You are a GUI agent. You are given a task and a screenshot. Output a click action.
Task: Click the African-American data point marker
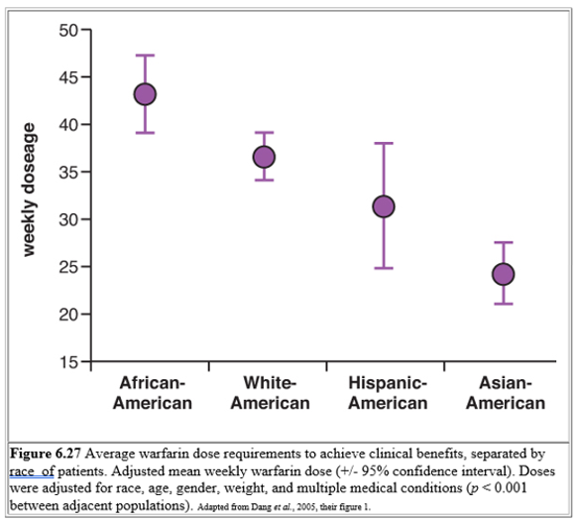tap(146, 94)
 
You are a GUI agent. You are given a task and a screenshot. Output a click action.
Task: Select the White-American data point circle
tap(264, 157)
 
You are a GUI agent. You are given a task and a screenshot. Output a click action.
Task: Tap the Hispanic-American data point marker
tap(384, 206)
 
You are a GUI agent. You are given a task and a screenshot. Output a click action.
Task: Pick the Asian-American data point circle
tap(503, 274)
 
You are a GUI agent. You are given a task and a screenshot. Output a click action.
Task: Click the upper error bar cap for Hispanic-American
tap(384, 144)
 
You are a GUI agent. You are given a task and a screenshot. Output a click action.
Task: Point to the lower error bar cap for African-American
tap(146, 133)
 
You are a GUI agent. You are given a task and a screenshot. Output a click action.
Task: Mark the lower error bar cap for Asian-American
tap(503, 304)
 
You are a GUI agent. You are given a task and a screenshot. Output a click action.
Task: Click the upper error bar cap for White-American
tap(264, 132)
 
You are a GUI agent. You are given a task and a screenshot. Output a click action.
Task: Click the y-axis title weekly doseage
tap(29, 190)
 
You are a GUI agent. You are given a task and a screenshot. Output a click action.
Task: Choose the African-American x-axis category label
tap(152, 393)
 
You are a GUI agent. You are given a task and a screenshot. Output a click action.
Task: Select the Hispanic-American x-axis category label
tap(388, 393)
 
